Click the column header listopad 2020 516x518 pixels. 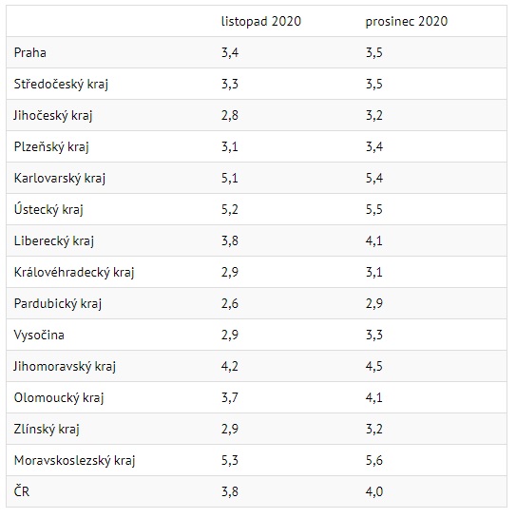click(261, 22)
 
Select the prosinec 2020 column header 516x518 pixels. click(407, 22)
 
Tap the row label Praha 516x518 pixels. click(30, 53)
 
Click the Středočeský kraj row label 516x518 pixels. click(61, 84)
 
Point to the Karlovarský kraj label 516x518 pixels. click(60, 178)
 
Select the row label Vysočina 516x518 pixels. click(39, 335)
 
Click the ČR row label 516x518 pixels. click(22, 491)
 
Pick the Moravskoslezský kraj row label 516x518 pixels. click(75, 461)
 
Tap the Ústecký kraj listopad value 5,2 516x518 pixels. click(230, 209)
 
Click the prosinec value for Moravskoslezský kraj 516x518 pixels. click(374, 461)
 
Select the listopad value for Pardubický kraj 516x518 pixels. click(230, 303)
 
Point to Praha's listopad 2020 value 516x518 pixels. click(230, 53)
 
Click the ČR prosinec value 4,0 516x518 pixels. click(374, 492)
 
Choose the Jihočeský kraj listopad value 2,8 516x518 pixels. click(230, 116)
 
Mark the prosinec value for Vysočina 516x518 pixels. click(374, 335)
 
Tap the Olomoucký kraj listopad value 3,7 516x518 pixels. click(230, 397)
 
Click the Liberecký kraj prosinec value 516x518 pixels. click(374, 240)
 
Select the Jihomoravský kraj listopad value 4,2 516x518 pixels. click(230, 366)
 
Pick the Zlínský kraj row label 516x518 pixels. click(47, 430)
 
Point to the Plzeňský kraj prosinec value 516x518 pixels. click(374, 146)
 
